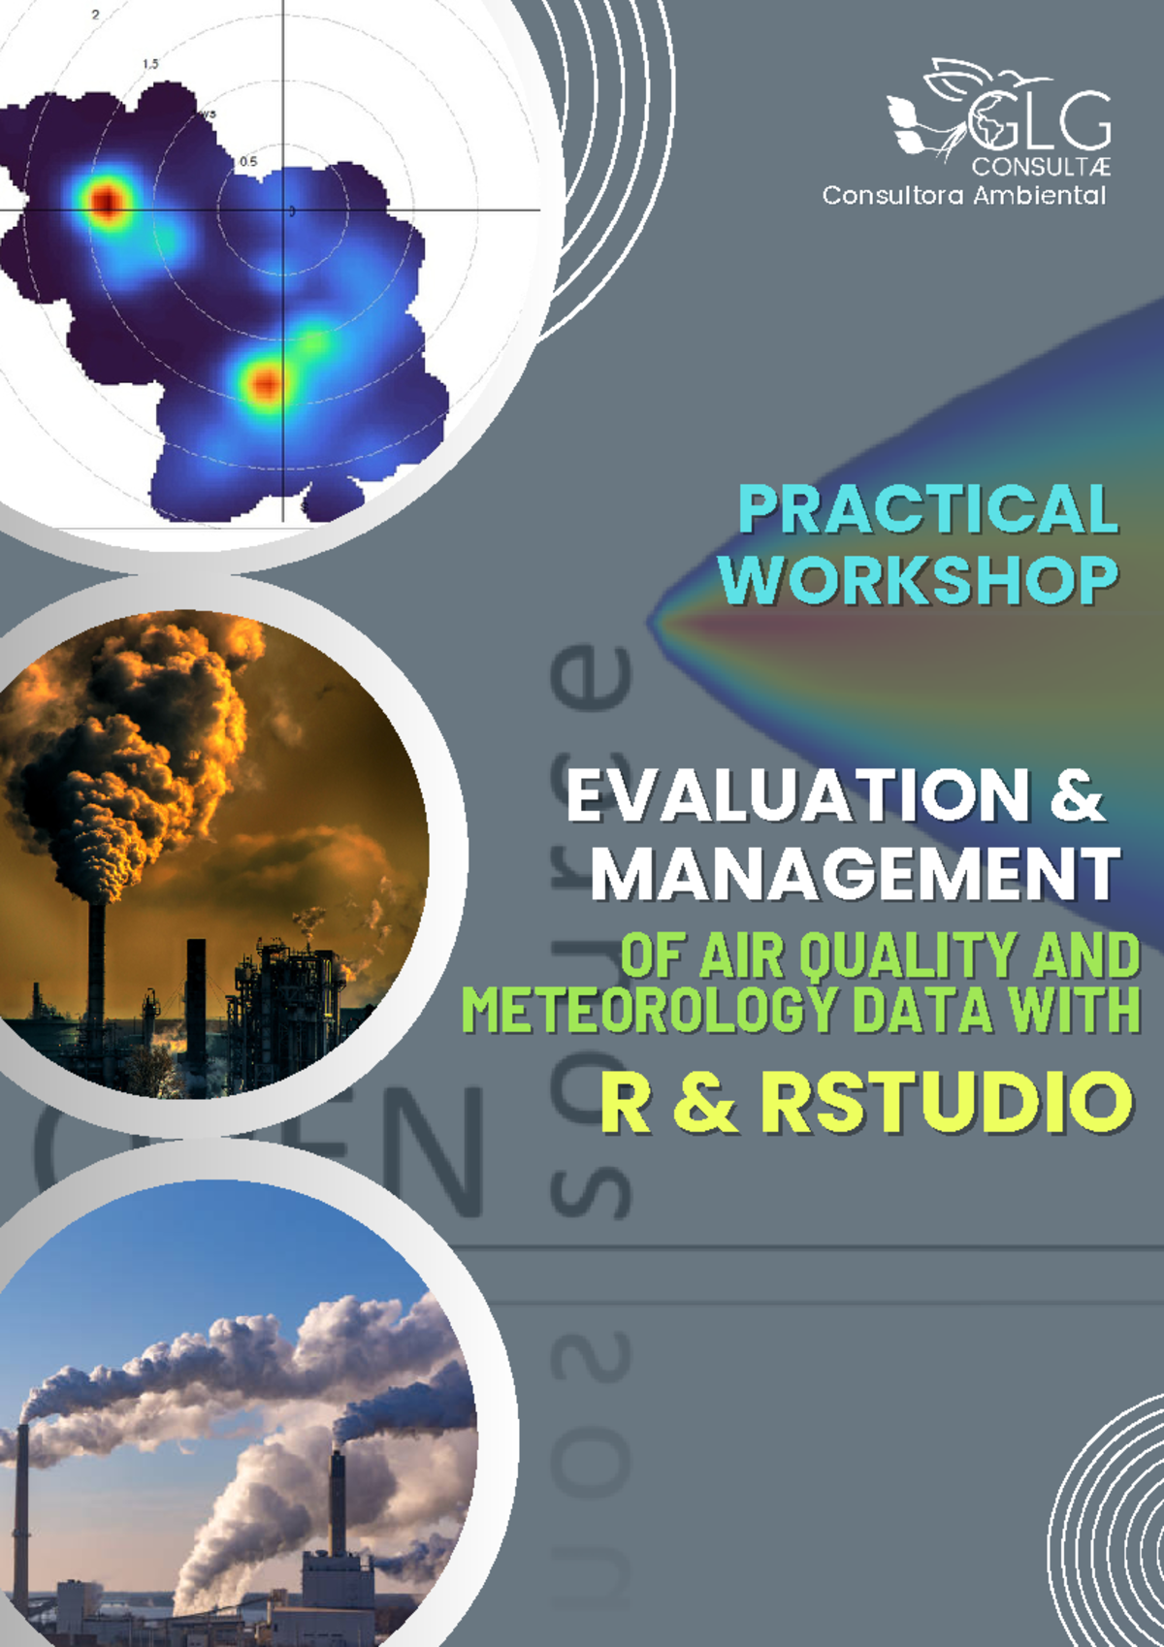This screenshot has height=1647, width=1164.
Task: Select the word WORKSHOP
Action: (918, 580)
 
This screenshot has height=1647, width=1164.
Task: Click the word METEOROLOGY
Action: (648, 1010)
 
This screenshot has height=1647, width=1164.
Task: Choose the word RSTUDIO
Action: (946, 1103)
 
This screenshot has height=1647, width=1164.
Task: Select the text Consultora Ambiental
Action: (963, 195)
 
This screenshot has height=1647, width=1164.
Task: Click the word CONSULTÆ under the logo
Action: (1041, 167)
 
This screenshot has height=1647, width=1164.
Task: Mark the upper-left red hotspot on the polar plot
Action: (106, 201)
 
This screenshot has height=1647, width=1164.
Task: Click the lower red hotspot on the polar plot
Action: (264, 384)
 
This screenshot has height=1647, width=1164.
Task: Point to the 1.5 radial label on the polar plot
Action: (150, 64)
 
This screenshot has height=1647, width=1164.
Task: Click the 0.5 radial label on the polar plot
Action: (248, 161)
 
